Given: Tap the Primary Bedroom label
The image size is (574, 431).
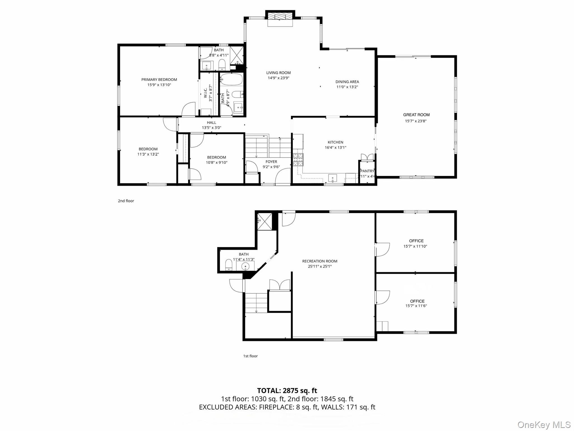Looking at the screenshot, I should [x=159, y=79].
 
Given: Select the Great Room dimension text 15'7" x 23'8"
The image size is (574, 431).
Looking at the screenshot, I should [x=416, y=121].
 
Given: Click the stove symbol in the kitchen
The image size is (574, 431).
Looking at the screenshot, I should [x=298, y=160].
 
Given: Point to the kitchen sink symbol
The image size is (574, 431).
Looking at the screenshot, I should [x=332, y=178].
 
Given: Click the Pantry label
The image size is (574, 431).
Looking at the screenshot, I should [x=367, y=171].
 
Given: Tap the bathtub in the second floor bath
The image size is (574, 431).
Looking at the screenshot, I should [x=232, y=79].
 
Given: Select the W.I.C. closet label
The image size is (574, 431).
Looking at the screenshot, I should [x=205, y=93].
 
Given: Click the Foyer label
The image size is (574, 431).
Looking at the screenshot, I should [x=271, y=161].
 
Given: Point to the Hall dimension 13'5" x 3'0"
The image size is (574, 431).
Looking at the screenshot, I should [x=211, y=127].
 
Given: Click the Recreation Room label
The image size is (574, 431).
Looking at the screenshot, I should [x=320, y=261].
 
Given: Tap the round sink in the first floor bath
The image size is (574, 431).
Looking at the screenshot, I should [x=245, y=266].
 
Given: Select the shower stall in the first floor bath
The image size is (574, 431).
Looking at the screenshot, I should [x=264, y=221].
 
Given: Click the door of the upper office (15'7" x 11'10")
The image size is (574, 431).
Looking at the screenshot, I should [x=382, y=249].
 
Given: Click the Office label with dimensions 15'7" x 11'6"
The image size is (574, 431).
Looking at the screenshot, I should [x=417, y=301].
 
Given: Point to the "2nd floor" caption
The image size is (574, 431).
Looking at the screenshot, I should [x=126, y=201].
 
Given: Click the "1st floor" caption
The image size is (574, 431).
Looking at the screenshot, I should [x=250, y=356].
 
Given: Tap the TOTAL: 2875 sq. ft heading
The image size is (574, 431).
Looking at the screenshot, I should [x=287, y=390].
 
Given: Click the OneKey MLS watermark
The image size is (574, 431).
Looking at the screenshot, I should [x=544, y=425].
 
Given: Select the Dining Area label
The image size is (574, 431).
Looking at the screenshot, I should [x=347, y=82].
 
